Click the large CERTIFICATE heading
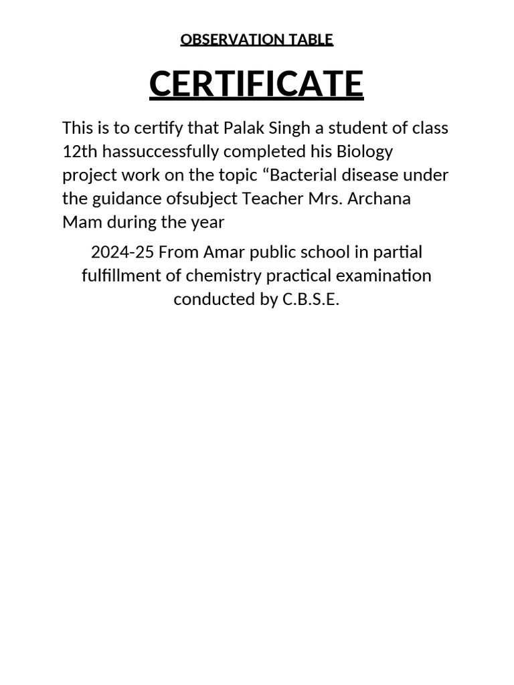pos(256,84)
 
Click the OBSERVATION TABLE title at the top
pos(256,40)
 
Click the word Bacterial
pos(305,175)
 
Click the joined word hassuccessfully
pos(165,151)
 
